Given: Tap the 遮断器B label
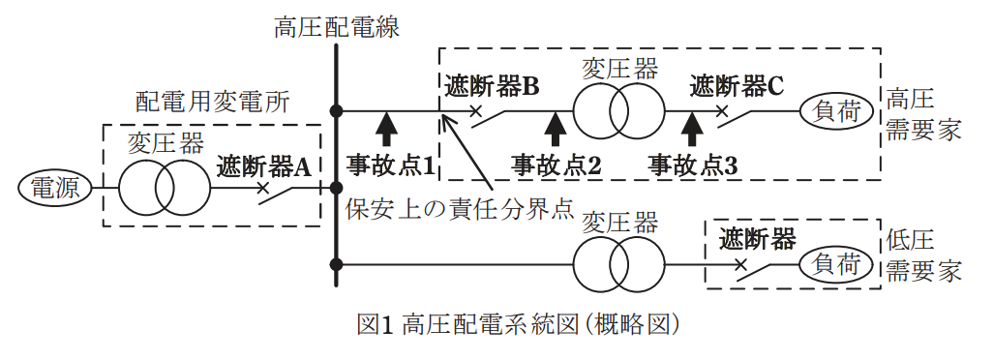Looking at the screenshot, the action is click(492, 87).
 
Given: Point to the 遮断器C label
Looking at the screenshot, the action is click(737, 86).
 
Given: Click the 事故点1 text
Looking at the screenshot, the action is click(391, 165).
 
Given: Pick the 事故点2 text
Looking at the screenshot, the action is click(557, 165).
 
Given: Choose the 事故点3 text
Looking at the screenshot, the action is click(693, 165).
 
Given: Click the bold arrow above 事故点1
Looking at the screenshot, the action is click(386, 131).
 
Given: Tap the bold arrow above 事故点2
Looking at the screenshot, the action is click(557, 131).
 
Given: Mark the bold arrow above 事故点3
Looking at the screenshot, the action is click(692, 131).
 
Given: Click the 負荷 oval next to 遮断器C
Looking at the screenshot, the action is click(837, 112).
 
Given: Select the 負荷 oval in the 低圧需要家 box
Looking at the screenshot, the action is click(837, 264).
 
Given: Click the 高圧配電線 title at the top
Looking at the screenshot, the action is click(336, 28).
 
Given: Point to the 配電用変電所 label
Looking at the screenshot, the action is click(214, 102).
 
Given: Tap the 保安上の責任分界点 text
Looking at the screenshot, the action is click(460, 209).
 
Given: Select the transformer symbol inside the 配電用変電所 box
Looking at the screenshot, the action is click(164, 188).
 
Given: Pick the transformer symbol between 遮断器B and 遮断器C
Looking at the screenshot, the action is click(618, 112).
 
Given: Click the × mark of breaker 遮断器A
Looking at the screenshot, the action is click(262, 188).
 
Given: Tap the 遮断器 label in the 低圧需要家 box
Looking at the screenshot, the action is click(757, 240).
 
